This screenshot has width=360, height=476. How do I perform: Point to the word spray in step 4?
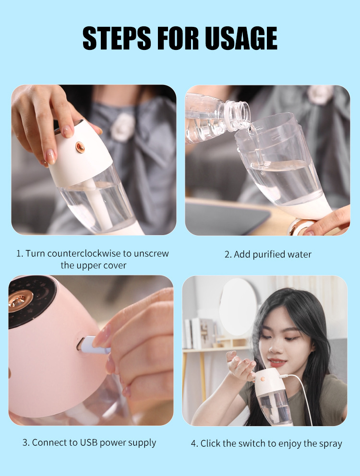330,443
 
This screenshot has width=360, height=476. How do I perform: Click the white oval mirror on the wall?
238,307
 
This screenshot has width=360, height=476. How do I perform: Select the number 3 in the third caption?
25,442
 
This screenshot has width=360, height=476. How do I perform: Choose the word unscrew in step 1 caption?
153,253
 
